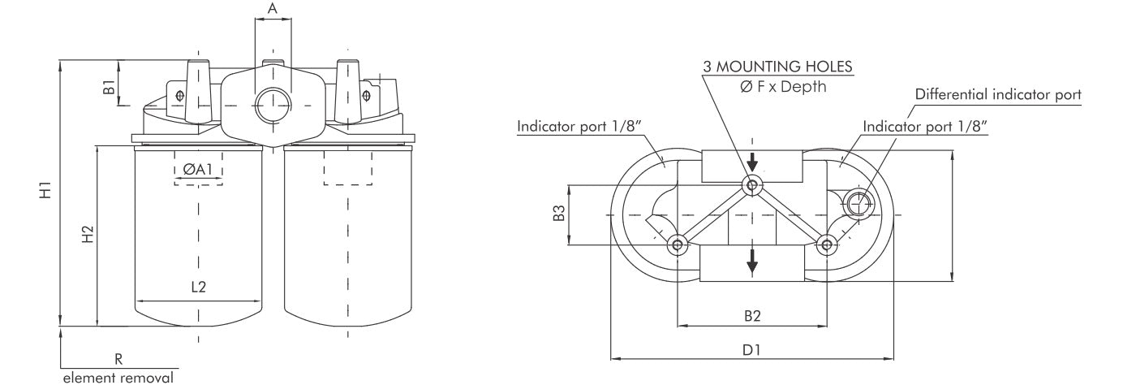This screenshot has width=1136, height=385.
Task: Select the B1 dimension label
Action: tap(109, 88)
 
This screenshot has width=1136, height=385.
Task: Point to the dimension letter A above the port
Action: tap(273, 9)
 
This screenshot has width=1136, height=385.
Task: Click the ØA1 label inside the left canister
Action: tap(197, 170)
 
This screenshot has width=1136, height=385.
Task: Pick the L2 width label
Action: tap(198, 287)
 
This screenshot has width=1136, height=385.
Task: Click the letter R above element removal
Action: tap(118, 357)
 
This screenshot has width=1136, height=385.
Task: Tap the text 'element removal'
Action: tap(118, 377)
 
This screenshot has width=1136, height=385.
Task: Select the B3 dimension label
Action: tap(558, 214)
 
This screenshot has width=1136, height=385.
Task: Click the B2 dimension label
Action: tap(751, 314)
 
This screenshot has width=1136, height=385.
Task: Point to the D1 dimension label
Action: tap(751, 349)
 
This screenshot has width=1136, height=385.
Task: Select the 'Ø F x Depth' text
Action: tap(783, 87)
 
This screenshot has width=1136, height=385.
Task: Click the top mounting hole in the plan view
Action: tap(752, 186)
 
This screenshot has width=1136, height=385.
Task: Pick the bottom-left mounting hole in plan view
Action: tap(677, 244)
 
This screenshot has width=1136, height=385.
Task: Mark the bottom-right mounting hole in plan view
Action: tap(827, 244)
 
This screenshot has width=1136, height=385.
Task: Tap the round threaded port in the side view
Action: tap(272, 106)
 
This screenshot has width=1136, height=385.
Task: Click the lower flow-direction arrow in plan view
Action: tap(752, 261)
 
